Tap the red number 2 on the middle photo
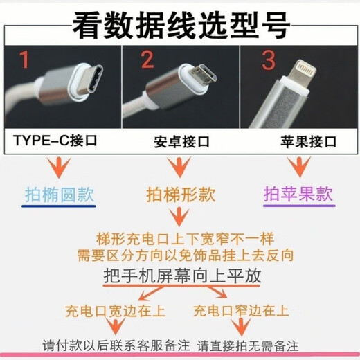tap(147, 61)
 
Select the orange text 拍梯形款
tap(179, 194)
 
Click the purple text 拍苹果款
tap(298, 194)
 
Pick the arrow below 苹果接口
tap(299, 166)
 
